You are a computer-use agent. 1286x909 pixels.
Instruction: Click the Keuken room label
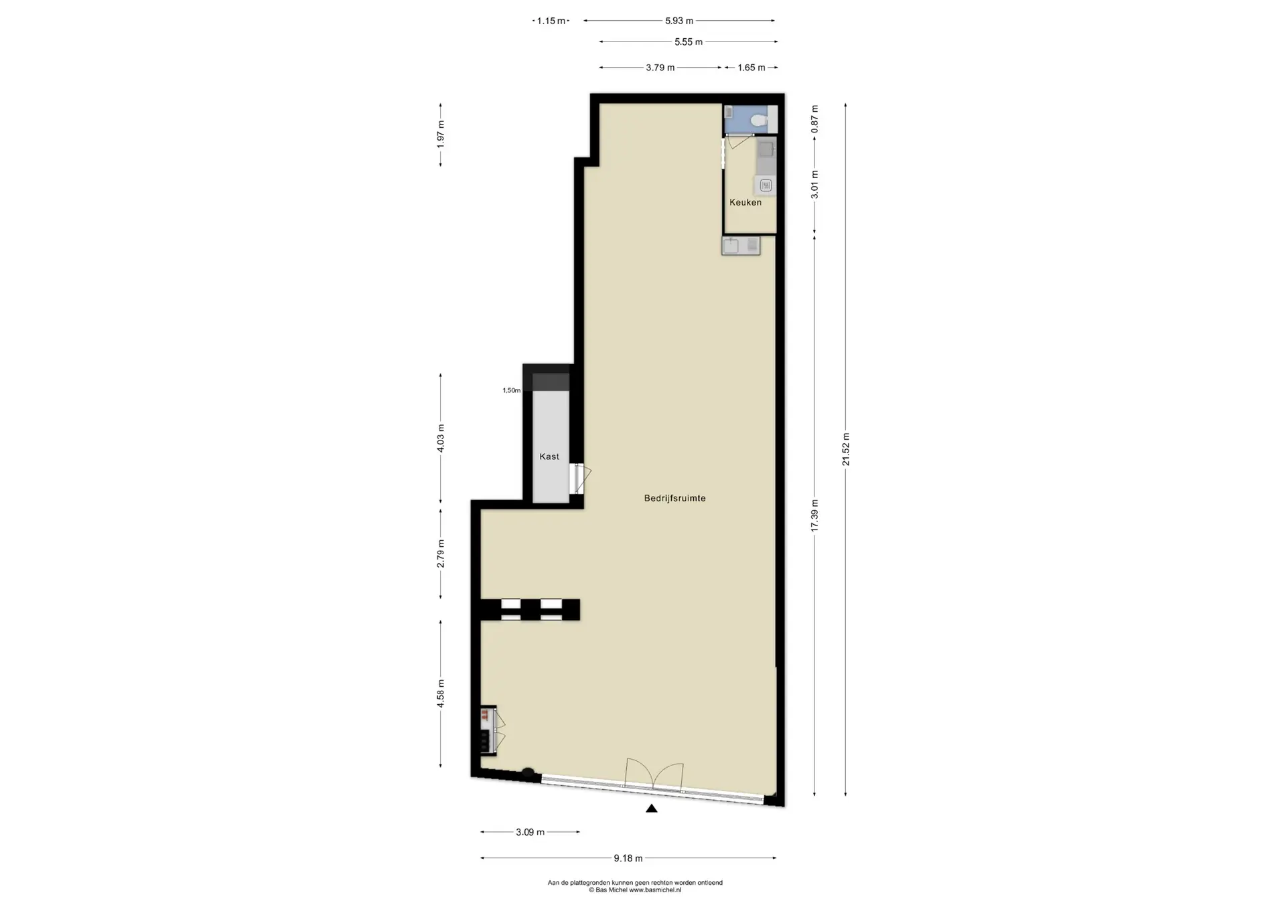point(745,202)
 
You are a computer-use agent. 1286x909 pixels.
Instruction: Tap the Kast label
point(549,457)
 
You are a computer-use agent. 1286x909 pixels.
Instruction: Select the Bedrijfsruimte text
point(674,498)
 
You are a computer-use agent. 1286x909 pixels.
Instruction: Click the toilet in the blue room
point(759,120)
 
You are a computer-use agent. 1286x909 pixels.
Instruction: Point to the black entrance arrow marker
point(651,809)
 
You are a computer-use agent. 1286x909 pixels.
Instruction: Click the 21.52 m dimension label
point(846,449)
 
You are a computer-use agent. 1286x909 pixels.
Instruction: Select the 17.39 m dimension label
point(815,516)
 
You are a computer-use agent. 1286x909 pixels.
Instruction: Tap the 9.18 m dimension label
point(628,858)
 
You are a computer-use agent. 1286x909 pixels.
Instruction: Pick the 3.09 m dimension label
point(530,832)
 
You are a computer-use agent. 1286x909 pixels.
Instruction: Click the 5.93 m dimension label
point(679,21)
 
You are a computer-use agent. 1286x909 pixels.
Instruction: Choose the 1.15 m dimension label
point(551,21)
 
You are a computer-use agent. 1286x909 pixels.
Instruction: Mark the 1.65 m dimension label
point(752,68)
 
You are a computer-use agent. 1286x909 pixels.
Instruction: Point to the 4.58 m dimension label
point(441,693)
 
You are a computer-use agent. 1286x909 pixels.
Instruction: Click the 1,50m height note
point(512,390)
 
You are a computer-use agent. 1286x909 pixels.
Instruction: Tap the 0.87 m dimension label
point(815,119)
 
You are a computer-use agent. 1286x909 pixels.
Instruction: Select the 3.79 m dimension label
point(660,68)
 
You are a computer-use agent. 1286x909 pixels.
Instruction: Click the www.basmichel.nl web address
point(655,890)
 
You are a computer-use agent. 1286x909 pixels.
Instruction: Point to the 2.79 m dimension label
point(441,554)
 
